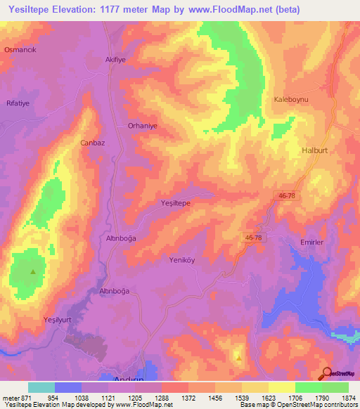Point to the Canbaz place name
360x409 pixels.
point(93,143)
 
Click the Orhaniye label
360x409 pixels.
point(143,127)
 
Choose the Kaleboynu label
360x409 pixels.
point(291,100)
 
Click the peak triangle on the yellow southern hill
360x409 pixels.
point(238,357)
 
